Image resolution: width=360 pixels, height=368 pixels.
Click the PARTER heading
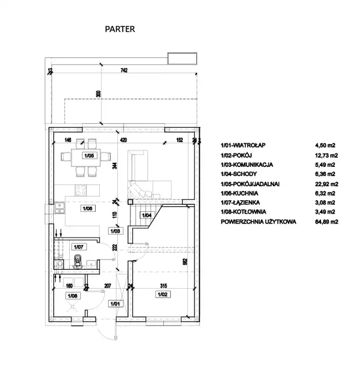[x=120, y=29]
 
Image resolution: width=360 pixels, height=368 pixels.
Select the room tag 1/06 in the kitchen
[x=86, y=208]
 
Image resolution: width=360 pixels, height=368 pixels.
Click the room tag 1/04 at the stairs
[x=146, y=215]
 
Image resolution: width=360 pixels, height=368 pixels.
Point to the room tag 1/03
[x=115, y=231]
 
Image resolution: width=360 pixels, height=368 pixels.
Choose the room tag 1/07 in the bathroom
[x=78, y=247]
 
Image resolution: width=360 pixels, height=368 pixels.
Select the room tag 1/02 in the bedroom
[x=161, y=294]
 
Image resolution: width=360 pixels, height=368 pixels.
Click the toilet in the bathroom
[x=78, y=261]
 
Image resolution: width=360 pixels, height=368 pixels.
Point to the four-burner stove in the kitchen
[x=82, y=190]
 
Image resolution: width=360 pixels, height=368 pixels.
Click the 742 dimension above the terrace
[x=123, y=70]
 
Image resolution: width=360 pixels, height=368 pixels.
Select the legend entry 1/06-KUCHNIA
[x=240, y=193]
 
